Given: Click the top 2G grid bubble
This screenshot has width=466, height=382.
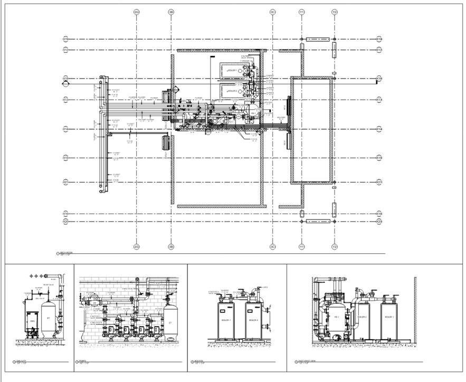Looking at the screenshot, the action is pos(136,12).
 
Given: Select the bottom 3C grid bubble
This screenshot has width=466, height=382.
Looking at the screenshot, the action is pos(273,247).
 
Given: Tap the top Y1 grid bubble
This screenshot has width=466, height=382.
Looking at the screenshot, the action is pos(302,12).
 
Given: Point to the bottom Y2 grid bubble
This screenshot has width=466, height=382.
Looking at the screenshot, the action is pos(335,247).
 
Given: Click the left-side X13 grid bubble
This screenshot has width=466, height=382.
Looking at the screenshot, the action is pos(65,100).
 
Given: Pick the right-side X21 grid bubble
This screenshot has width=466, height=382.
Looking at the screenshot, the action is pos(378,182).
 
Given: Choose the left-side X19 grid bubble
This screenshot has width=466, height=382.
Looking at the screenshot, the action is pos(65,214).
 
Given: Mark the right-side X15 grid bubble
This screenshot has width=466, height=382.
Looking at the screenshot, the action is pos(378,158).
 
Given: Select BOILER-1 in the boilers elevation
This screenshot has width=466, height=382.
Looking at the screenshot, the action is pos(226,321).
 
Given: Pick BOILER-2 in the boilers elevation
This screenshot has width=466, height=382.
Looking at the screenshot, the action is pos(254,321).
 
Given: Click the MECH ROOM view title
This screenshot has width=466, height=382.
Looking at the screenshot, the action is pos(66,254).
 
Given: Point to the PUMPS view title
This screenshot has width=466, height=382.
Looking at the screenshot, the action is pos(82,362).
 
